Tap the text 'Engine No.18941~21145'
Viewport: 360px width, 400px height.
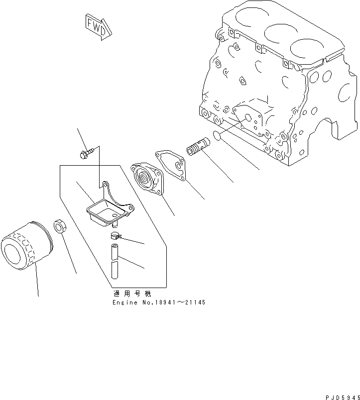pos(158,302)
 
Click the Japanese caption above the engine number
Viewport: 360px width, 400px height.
pos(131,294)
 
